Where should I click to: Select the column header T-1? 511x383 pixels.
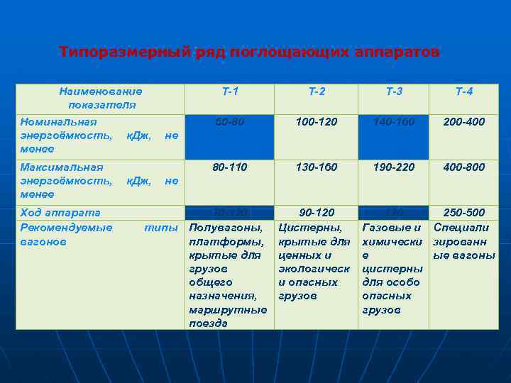tap(230, 91)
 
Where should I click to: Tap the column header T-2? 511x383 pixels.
tap(317, 91)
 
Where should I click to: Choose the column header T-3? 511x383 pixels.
tap(394, 91)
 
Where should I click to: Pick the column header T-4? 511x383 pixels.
tap(464, 91)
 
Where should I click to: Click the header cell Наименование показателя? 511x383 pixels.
tap(100, 98)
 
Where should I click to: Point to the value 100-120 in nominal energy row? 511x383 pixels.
tap(317, 122)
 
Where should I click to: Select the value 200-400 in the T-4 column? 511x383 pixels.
tap(465, 122)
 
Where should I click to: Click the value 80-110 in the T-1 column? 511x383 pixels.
tap(230, 167)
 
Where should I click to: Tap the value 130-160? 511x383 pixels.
tap(317, 167)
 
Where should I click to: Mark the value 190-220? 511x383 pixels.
tap(394, 167)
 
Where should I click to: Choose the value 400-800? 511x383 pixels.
tap(465, 167)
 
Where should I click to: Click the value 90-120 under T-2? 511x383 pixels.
tap(317, 213)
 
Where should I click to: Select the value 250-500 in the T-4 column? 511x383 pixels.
tap(465, 213)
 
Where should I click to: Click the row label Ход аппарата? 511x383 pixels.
tap(60, 213)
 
